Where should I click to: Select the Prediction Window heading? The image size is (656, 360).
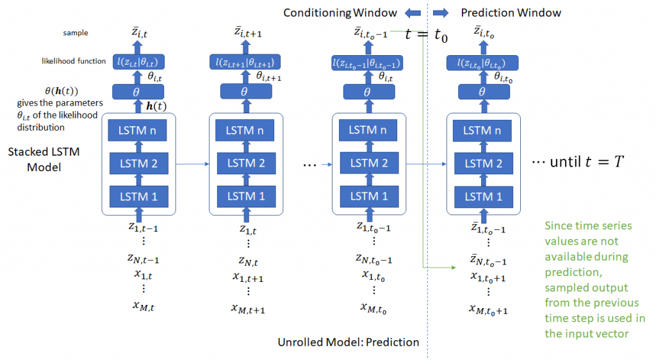point(511,13)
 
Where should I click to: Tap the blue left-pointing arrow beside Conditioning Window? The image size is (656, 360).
point(411,13)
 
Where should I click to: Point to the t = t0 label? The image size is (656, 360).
point(426,36)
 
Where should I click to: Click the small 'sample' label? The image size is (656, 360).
point(76,32)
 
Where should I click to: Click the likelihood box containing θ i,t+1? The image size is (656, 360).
point(244,61)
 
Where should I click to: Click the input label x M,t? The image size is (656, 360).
point(143,307)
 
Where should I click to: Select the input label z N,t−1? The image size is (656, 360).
point(143,259)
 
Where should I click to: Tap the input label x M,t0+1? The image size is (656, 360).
point(489,310)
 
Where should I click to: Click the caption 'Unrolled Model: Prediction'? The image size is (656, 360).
point(348,342)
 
